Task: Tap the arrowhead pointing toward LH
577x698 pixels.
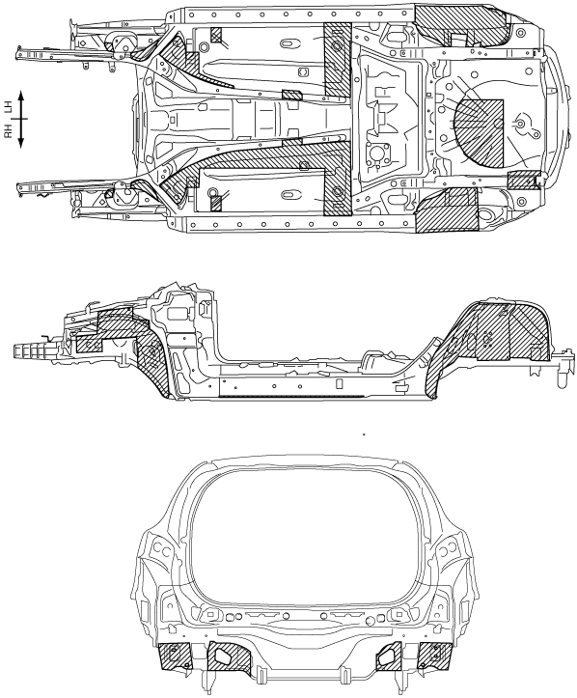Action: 20,96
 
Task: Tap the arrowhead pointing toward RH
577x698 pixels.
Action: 20,143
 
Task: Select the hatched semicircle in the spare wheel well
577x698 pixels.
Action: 479,133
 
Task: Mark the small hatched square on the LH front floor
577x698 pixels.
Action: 216,35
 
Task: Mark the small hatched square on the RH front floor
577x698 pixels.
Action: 216,204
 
